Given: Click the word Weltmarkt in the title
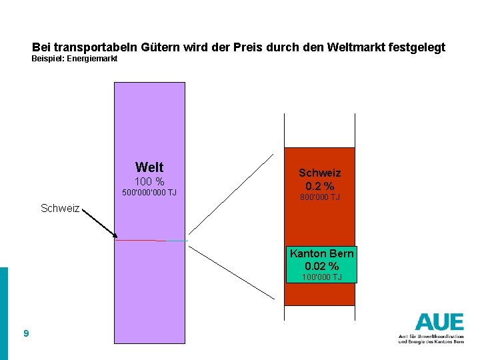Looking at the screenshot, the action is pos(353,48).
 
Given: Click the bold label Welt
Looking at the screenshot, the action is pos(149,167).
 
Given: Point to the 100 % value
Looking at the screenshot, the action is pos(149,181).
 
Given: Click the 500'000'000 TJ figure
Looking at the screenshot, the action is pos(149,193).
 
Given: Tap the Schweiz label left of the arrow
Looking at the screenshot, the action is pos(60,209).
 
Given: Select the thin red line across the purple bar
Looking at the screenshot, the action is pos(140,240).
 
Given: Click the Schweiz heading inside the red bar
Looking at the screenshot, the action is pos(319,173).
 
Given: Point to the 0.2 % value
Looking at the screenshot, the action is pos(320,186).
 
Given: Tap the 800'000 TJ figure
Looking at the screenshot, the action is pos(320,197).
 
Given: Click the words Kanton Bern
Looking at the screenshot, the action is pos(321,254).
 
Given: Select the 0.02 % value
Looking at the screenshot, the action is pos(321,267).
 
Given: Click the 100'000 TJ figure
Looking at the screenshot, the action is pos(321,277).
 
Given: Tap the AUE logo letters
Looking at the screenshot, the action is pos(439,322).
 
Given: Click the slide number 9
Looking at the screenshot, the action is pos(25,333).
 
